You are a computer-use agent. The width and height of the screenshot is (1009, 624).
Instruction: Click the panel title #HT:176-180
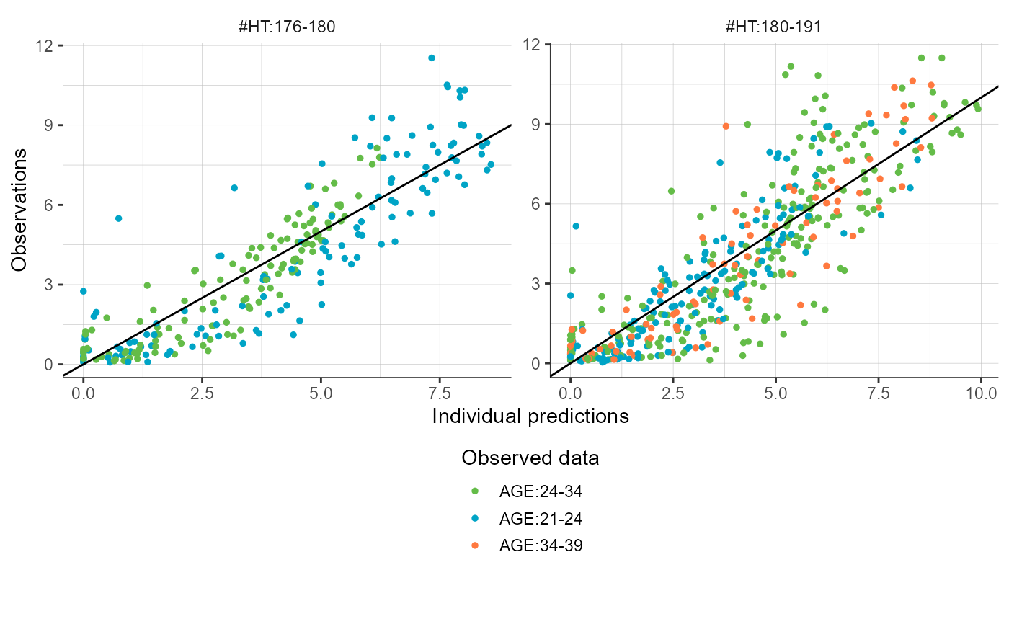[287, 27]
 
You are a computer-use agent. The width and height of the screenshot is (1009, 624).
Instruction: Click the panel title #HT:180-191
[773, 27]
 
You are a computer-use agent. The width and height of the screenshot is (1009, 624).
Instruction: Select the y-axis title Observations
[20, 210]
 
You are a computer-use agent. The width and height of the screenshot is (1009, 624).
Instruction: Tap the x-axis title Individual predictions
[530, 416]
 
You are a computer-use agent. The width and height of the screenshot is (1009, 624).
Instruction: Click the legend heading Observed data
[530, 458]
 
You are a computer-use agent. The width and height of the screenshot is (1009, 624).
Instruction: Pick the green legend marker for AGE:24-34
[474, 491]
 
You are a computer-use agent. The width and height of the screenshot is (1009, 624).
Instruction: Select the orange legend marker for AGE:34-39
[474, 546]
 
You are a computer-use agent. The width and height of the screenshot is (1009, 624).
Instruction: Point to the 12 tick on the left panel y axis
[48, 45]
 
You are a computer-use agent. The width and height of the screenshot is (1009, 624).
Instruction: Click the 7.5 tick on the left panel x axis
[439, 394]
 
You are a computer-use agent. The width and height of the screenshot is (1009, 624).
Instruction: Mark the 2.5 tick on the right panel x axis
[673, 394]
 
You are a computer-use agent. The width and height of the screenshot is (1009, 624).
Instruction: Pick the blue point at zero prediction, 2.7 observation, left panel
[84, 291]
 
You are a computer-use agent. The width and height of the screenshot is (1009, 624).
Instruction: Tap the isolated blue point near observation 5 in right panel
[576, 226]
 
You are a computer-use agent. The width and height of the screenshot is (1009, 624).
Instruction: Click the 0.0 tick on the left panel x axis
[84, 394]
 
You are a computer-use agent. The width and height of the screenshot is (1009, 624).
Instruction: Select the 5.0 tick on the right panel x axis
[775, 394]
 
